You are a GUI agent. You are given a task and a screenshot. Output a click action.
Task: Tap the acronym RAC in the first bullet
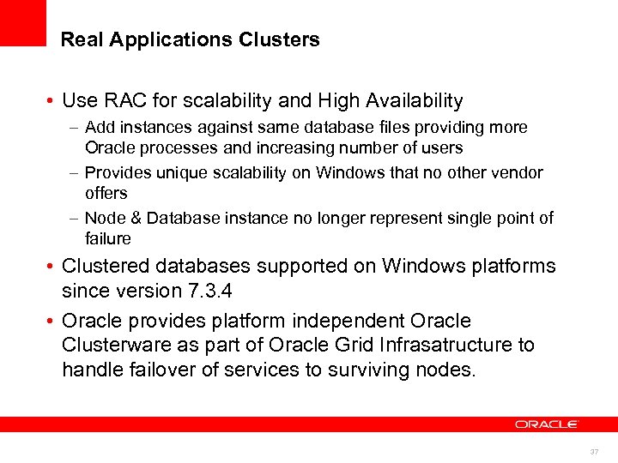coord(121,101)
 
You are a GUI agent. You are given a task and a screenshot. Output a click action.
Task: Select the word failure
coord(108,238)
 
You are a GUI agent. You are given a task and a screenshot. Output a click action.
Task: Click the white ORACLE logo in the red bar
coord(547,424)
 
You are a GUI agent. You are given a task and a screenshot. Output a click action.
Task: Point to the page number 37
coord(594,451)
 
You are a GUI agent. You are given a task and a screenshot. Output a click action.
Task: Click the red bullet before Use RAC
coord(52,102)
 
